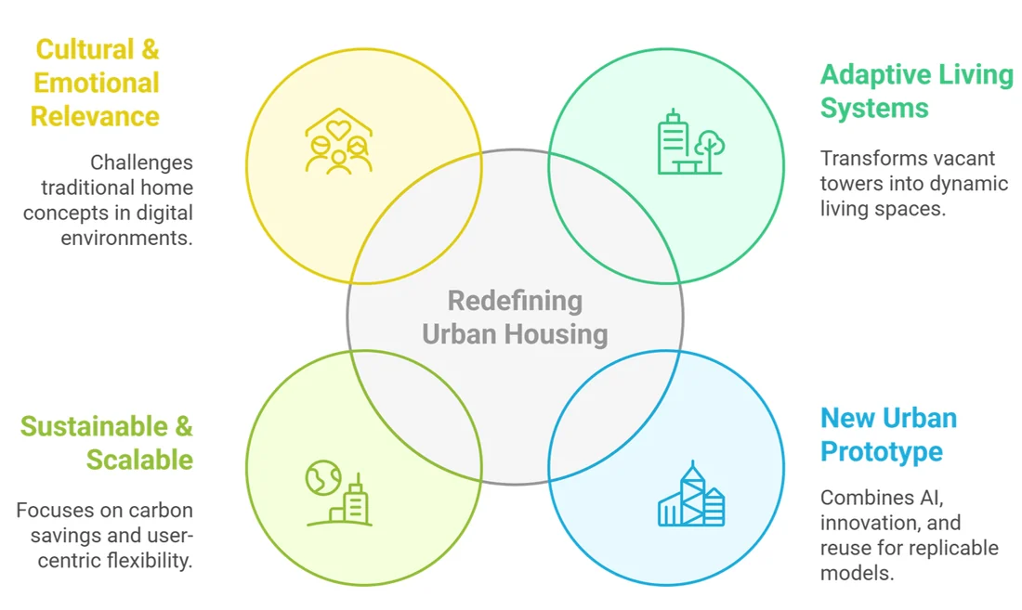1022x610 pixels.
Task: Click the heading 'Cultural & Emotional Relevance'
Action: point(95,84)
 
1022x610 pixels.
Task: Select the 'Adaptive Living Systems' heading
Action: point(916,91)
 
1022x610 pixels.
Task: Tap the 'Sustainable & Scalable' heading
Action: point(107,443)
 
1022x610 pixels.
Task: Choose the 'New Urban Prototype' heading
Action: point(888,435)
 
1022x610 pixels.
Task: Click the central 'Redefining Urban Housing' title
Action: point(515,317)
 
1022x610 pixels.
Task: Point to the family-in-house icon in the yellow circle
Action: point(339,140)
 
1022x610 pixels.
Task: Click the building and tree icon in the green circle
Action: point(691,142)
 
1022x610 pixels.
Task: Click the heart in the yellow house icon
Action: point(338,130)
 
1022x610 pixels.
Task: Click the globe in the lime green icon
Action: point(323,478)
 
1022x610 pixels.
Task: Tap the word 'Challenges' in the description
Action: point(141,162)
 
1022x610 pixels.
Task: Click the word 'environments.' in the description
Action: point(127,239)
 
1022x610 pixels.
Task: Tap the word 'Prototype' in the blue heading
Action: point(881,451)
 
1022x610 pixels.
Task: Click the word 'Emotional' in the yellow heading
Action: point(97,83)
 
